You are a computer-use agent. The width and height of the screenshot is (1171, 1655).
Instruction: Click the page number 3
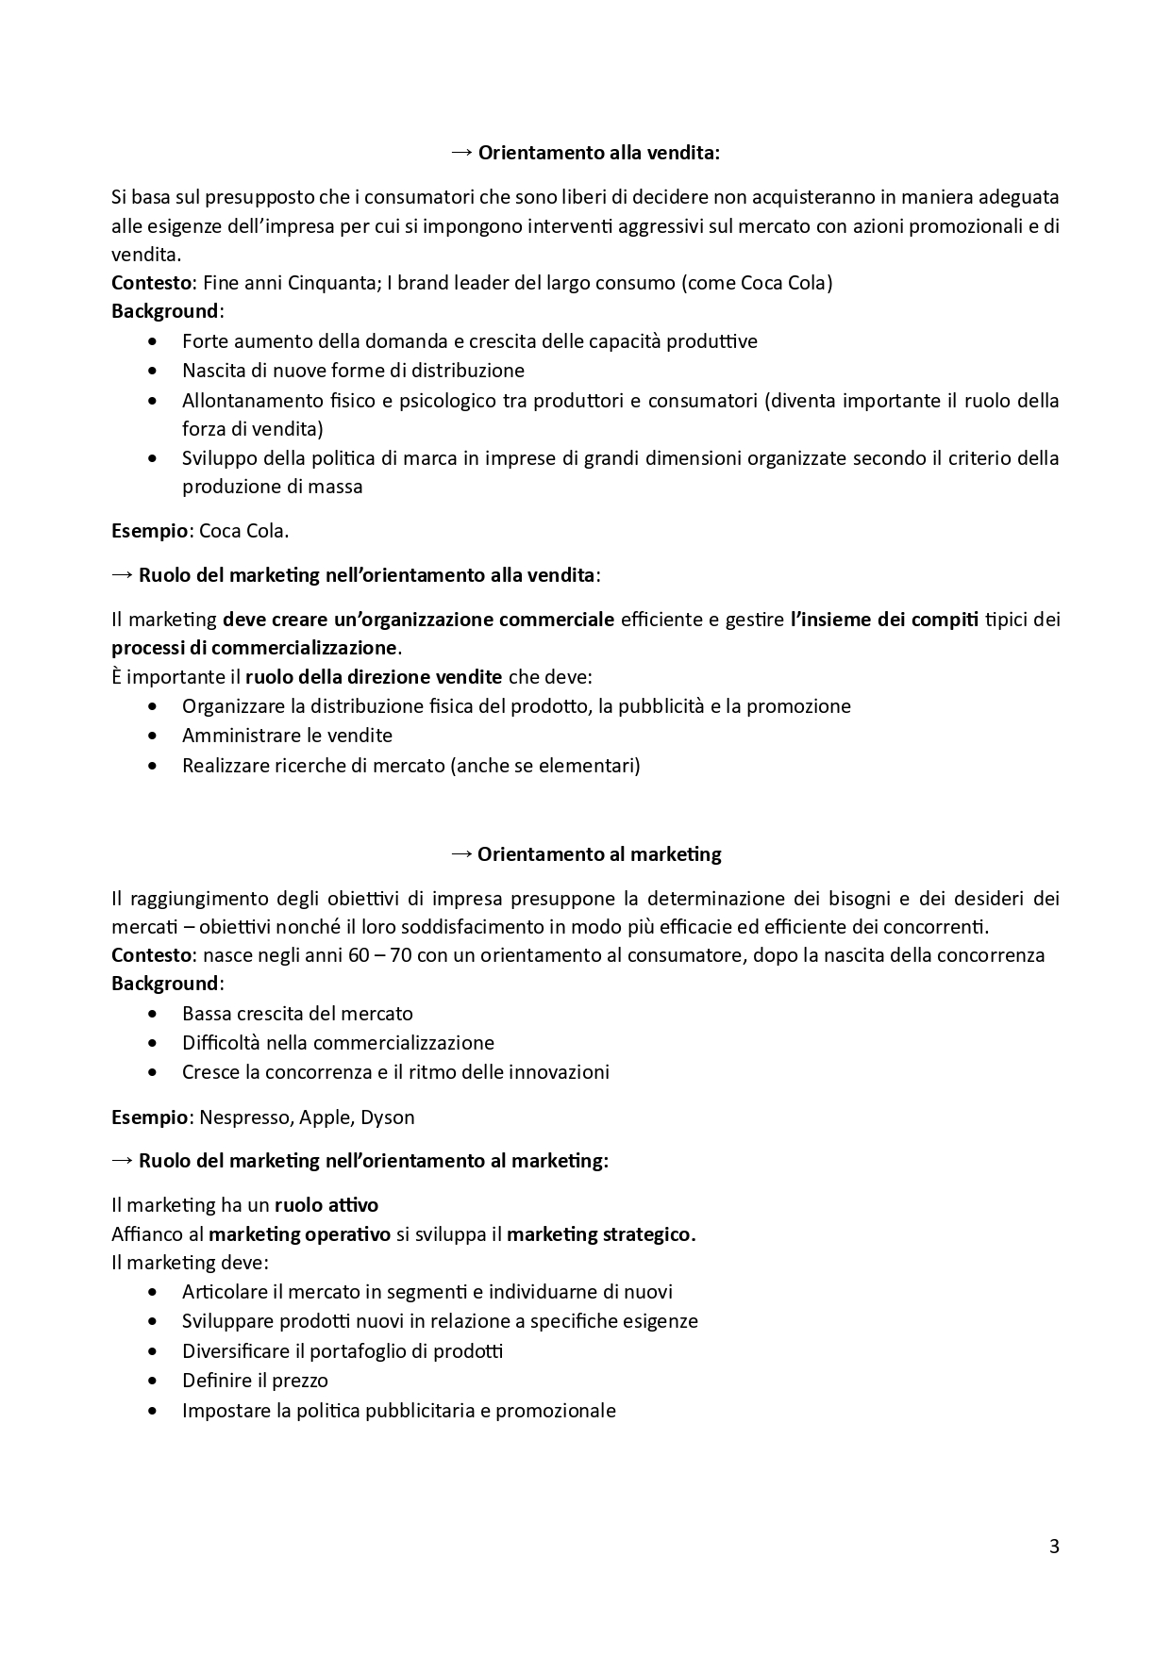tap(1054, 1547)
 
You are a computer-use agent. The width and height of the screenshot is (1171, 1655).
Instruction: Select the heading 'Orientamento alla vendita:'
tap(598, 153)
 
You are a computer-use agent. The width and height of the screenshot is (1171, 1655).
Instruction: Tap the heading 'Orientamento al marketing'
tap(599, 854)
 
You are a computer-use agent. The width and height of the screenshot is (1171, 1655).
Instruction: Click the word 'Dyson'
tap(388, 1117)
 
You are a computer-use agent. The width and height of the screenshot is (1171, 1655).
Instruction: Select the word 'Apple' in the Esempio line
tap(325, 1117)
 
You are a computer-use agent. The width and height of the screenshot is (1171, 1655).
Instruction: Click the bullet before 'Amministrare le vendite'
tap(154, 736)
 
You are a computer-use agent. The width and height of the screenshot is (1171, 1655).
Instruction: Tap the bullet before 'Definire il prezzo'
tap(154, 1381)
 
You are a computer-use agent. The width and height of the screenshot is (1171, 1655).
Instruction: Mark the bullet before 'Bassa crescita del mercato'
tap(154, 1014)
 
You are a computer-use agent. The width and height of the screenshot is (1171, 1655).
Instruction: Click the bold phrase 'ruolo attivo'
tap(326, 1205)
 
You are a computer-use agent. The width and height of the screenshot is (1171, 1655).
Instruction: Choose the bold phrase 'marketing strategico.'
tap(601, 1234)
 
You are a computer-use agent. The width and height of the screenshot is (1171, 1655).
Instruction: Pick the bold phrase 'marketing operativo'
tap(299, 1234)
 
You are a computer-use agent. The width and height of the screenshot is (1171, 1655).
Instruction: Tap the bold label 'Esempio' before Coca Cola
tap(149, 531)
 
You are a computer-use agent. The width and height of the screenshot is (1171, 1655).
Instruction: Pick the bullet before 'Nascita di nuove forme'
tap(154, 371)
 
